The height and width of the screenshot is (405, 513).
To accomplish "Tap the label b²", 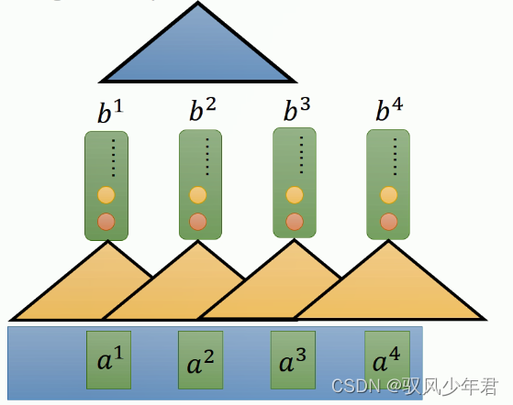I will coord(202,111).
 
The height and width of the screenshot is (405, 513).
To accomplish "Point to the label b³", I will coord(296,111).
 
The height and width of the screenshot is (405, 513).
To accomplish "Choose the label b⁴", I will coord(389,111).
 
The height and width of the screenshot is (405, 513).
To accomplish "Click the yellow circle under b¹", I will coord(106,195).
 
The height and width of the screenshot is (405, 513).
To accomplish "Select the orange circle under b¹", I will coord(106,221).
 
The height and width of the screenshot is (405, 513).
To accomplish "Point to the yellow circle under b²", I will coord(198,195).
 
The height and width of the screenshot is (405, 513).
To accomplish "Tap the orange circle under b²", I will coord(198,221).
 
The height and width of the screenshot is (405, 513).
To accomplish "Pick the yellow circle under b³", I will coord(294,194).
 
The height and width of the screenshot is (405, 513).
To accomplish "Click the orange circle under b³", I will coord(294,220).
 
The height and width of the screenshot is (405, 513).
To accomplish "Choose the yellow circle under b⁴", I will coord(388,194).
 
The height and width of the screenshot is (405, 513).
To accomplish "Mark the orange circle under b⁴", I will coord(388,220).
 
